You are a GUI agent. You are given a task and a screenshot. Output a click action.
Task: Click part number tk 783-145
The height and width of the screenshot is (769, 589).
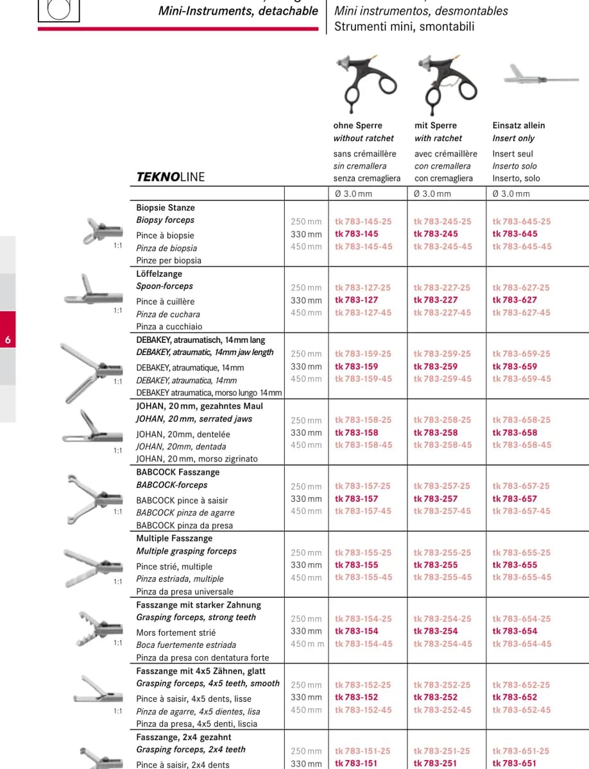click(x=357, y=234)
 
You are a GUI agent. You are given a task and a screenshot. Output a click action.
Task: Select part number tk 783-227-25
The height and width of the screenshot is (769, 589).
click(x=441, y=288)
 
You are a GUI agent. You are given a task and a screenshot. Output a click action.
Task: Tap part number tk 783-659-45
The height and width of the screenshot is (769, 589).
click(x=522, y=379)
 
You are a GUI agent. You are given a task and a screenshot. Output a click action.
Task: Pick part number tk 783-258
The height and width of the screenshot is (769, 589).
click(x=436, y=433)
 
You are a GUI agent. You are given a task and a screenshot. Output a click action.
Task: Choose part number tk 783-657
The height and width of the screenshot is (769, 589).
click(x=515, y=499)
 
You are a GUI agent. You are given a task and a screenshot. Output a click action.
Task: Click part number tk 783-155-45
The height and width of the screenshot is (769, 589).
click(x=363, y=577)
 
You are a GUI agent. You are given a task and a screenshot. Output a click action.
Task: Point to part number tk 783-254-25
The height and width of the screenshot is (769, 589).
click(x=442, y=618)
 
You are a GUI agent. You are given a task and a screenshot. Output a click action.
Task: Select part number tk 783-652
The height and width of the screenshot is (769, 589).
click(x=515, y=697)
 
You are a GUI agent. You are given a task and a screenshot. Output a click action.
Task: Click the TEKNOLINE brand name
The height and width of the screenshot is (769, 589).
click(x=171, y=177)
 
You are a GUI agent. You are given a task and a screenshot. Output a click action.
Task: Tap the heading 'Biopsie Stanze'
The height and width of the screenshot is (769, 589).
click(x=166, y=208)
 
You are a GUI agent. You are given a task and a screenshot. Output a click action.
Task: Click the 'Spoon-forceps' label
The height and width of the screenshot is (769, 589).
click(x=164, y=286)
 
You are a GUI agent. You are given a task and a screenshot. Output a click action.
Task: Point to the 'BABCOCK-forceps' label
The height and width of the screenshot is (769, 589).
click(x=172, y=485)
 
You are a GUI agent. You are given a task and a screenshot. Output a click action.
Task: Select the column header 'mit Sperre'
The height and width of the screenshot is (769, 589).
click(x=436, y=126)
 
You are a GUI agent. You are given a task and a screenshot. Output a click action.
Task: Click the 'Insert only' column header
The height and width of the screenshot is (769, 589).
click(x=513, y=138)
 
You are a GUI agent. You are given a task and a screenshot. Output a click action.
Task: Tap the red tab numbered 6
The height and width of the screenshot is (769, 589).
click(x=8, y=329)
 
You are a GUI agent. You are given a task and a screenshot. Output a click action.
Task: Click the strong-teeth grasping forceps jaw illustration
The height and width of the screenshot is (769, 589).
click(x=99, y=629)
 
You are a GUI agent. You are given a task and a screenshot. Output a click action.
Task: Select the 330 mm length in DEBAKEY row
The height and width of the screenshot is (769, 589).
click(x=306, y=367)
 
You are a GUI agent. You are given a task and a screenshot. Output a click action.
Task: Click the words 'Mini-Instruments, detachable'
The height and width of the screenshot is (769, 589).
click(x=238, y=11)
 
